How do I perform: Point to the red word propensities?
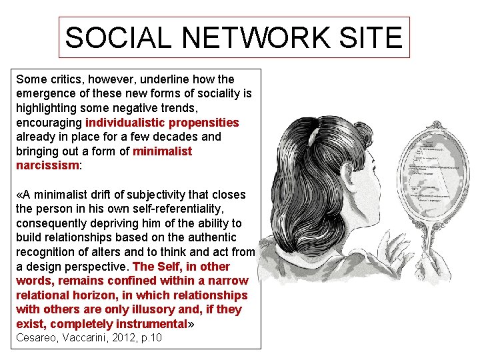[x=204, y=123]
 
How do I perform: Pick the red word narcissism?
[x=47, y=165]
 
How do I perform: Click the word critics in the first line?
[x=67, y=79]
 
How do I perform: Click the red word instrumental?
[x=151, y=324]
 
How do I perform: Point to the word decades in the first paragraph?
[x=159, y=137]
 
